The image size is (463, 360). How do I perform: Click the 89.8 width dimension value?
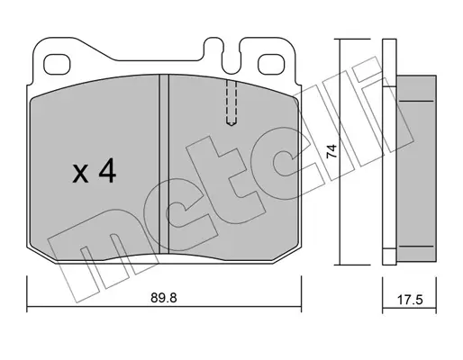(164, 298)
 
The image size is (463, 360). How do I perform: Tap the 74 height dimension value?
(331, 151)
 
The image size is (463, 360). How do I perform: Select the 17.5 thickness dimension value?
(410, 300)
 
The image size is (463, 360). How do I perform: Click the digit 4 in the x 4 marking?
(108, 172)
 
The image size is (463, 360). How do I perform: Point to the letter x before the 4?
(80, 175)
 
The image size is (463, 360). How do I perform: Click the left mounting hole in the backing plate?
(57, 65)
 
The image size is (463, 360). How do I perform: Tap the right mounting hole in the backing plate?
(271, 65)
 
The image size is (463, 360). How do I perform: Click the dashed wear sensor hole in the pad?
(231, 103)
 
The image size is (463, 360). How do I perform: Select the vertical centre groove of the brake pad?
(164, 165)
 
